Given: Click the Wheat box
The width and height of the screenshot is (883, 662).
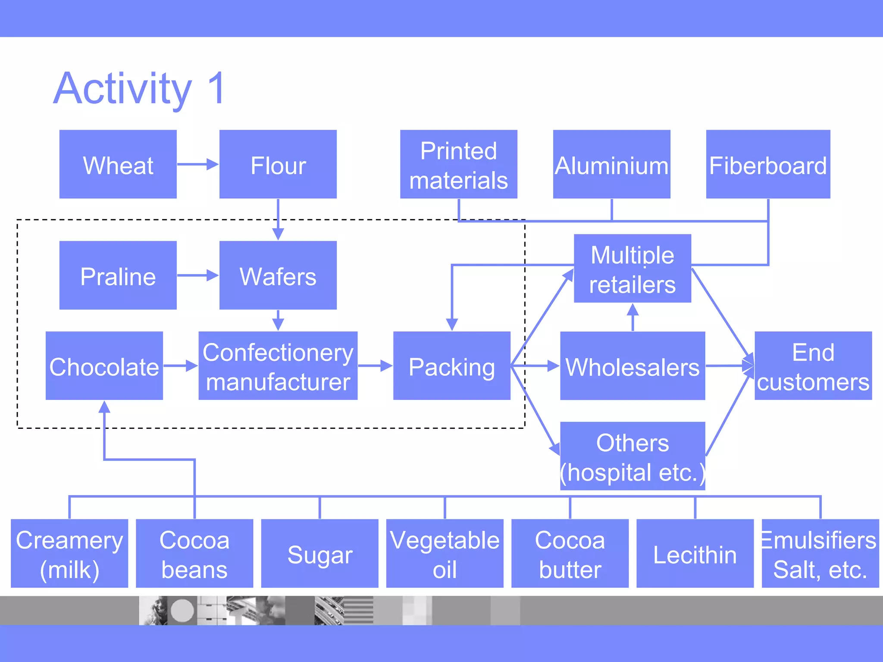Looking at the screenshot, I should click(x=118, y=164).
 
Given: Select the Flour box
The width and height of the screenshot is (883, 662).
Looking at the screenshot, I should click(x=278, y=164).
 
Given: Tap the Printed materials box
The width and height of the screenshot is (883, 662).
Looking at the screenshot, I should click(x=458, y=164).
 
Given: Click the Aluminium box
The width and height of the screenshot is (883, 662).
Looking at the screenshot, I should click(x=611, y=164).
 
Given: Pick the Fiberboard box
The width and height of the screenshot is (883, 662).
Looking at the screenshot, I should click(x=768, y=164).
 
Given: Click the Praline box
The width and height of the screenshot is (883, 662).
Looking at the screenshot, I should click(x=118, y=275).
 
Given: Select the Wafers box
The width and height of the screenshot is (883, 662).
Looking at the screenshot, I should click(x=278, y=275).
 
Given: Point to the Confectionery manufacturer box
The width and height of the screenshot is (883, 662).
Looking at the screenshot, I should click(x=278, y=365).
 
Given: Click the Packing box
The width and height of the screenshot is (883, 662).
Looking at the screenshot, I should click(x=451, y=365).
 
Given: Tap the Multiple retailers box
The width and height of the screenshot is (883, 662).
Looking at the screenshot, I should click(x=632, y=268).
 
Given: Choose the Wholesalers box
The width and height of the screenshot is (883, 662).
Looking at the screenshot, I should click(x=632, y=365).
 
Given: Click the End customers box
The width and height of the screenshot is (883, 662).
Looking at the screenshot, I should click(x=813, y=365).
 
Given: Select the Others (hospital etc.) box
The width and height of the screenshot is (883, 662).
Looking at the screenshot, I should click(x=632, y=456).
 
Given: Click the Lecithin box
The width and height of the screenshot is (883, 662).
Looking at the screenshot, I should click(x=695, y=553).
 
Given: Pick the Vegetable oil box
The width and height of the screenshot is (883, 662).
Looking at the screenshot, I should click(x=445, y=553).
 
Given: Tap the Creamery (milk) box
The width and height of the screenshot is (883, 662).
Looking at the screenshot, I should click(x=69, y=553).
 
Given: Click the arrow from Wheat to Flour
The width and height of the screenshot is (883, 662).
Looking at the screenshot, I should click(x=197, y=164).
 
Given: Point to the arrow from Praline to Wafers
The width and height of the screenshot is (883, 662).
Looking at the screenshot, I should click(x=197, y=275).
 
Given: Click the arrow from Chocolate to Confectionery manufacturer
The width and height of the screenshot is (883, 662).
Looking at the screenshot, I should click(x=180, y=365).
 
